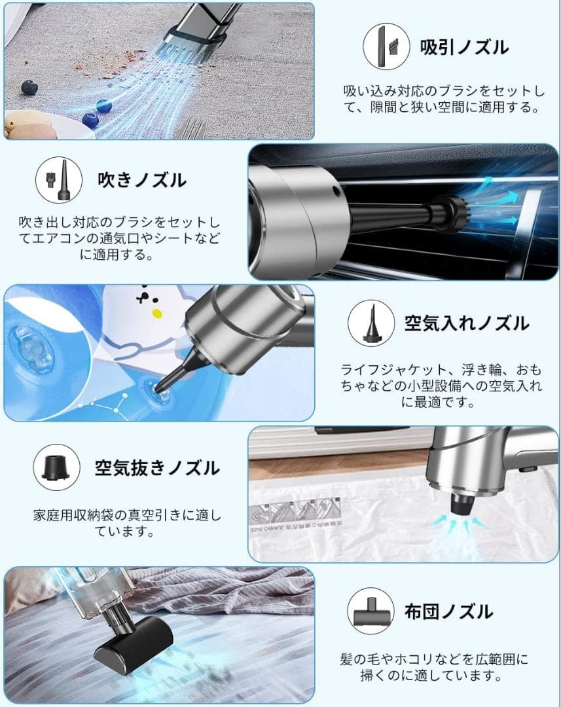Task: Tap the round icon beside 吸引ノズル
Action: point(387,46)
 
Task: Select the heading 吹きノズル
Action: point(141,179)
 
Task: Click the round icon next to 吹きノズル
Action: point(58,179)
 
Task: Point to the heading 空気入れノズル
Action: point(466,323)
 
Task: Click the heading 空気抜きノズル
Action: point(157,468)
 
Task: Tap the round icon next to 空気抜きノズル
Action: point(57,468)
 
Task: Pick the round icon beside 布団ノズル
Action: point(371,612)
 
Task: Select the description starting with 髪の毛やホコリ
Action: point(434,666)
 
